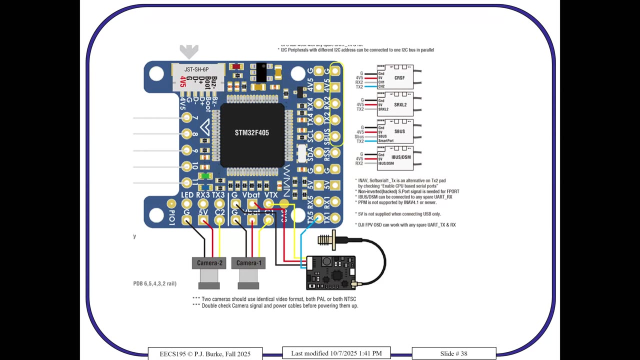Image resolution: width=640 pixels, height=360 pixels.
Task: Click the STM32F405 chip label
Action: click(x=252, y=133)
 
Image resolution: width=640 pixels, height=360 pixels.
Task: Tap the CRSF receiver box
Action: click(x=395, y=77)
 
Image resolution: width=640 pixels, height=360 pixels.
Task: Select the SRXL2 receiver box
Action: click(x=395, y=104)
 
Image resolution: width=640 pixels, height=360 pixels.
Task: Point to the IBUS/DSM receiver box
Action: click(x=395, y=157)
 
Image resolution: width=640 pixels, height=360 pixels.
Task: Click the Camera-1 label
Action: click(x=248, y=263)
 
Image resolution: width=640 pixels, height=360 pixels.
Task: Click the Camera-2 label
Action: click(x=209, y=263)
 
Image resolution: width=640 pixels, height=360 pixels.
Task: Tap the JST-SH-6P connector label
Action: click(x=196, y=69)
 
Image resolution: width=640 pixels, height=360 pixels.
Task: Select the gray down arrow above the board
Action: click(x=189, y=51)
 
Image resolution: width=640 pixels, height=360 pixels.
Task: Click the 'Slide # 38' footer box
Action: click(x=453, y=353)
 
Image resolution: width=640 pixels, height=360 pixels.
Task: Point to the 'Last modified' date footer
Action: click(x=336, y=353)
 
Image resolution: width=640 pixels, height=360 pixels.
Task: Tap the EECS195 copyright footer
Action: click(x=205, y=353)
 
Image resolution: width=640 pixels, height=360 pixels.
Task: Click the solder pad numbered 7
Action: click(x=186, y=118)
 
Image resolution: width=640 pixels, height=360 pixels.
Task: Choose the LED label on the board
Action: click(x=187, y=195)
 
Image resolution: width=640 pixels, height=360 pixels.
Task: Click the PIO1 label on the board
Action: click(x=171, y=218)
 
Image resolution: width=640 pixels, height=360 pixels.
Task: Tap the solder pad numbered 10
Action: click(x=186, y=166)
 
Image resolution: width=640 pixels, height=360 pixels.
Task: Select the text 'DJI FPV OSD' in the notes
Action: click(x=373, y=225)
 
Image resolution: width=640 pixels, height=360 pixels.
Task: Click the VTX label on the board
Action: click(x=270, y=195)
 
